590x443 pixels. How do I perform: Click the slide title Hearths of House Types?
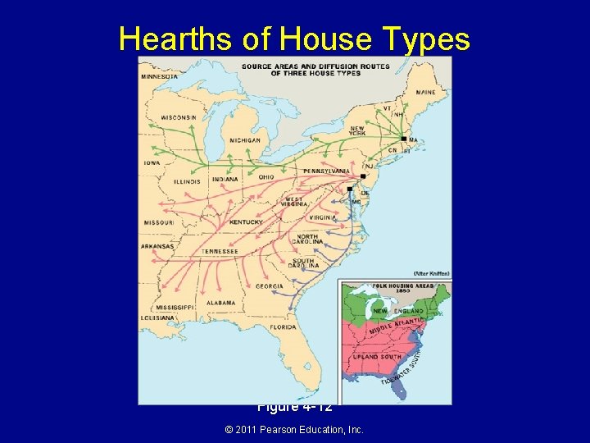(294, 39)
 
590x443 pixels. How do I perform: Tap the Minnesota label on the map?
(161, 76)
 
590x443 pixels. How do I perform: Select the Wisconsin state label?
(178, 117)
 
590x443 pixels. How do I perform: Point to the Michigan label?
(244, 140)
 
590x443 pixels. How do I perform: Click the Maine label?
(425, 92)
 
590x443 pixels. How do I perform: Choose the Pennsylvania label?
(326, 171)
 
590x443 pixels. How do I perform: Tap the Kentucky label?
(246, 222)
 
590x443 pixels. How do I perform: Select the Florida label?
(284, 327)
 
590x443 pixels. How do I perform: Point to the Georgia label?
(269, 285)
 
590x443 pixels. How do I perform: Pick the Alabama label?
(220, 303)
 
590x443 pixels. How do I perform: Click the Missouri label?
(159, 222)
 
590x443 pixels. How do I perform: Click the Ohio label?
(266, 177)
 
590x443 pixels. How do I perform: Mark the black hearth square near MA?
(404, 139)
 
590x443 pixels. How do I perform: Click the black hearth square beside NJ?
(362, 176)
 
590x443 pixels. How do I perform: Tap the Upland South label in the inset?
(378, 357)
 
